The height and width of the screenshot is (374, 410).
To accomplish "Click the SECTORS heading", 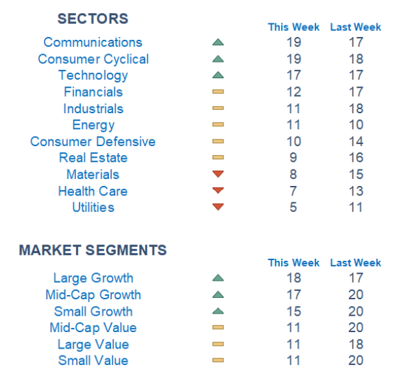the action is tap(93, 19).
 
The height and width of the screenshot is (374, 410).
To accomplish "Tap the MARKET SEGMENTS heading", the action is tap(93, 250).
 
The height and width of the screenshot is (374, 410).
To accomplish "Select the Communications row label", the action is tap(93, 42).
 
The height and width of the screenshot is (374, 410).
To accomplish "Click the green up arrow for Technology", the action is tap(218, 75).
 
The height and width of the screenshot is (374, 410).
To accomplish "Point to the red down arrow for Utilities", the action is tap(218, 207).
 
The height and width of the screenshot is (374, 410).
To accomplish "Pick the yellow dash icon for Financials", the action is tap(218, 91).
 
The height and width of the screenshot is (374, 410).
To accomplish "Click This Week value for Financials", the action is tap(293, 92).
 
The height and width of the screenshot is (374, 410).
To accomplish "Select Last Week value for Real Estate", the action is tap(356, 158).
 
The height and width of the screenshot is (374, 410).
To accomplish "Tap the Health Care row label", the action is tap(93, 191).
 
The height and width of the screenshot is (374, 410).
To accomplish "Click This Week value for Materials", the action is tap(293, 174).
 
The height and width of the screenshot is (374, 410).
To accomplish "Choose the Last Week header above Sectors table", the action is tap(356, 27).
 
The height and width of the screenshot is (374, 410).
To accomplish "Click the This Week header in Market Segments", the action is tap(293, 263).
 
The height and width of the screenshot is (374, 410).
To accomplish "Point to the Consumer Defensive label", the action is tap(93, 141).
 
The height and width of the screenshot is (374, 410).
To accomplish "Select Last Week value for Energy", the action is tap(356, 125).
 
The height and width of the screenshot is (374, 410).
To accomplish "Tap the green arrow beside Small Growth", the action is tap(218, 311).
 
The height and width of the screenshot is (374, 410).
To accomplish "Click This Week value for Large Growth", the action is tap(293, 278).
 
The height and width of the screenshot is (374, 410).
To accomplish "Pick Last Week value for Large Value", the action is tap(356, 344).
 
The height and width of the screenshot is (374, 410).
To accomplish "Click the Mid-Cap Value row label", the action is tap(93, 327).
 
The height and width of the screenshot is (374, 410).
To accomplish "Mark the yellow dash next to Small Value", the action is tap(218, 360).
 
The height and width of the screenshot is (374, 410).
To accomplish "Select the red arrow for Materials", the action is tap(218, 174).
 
